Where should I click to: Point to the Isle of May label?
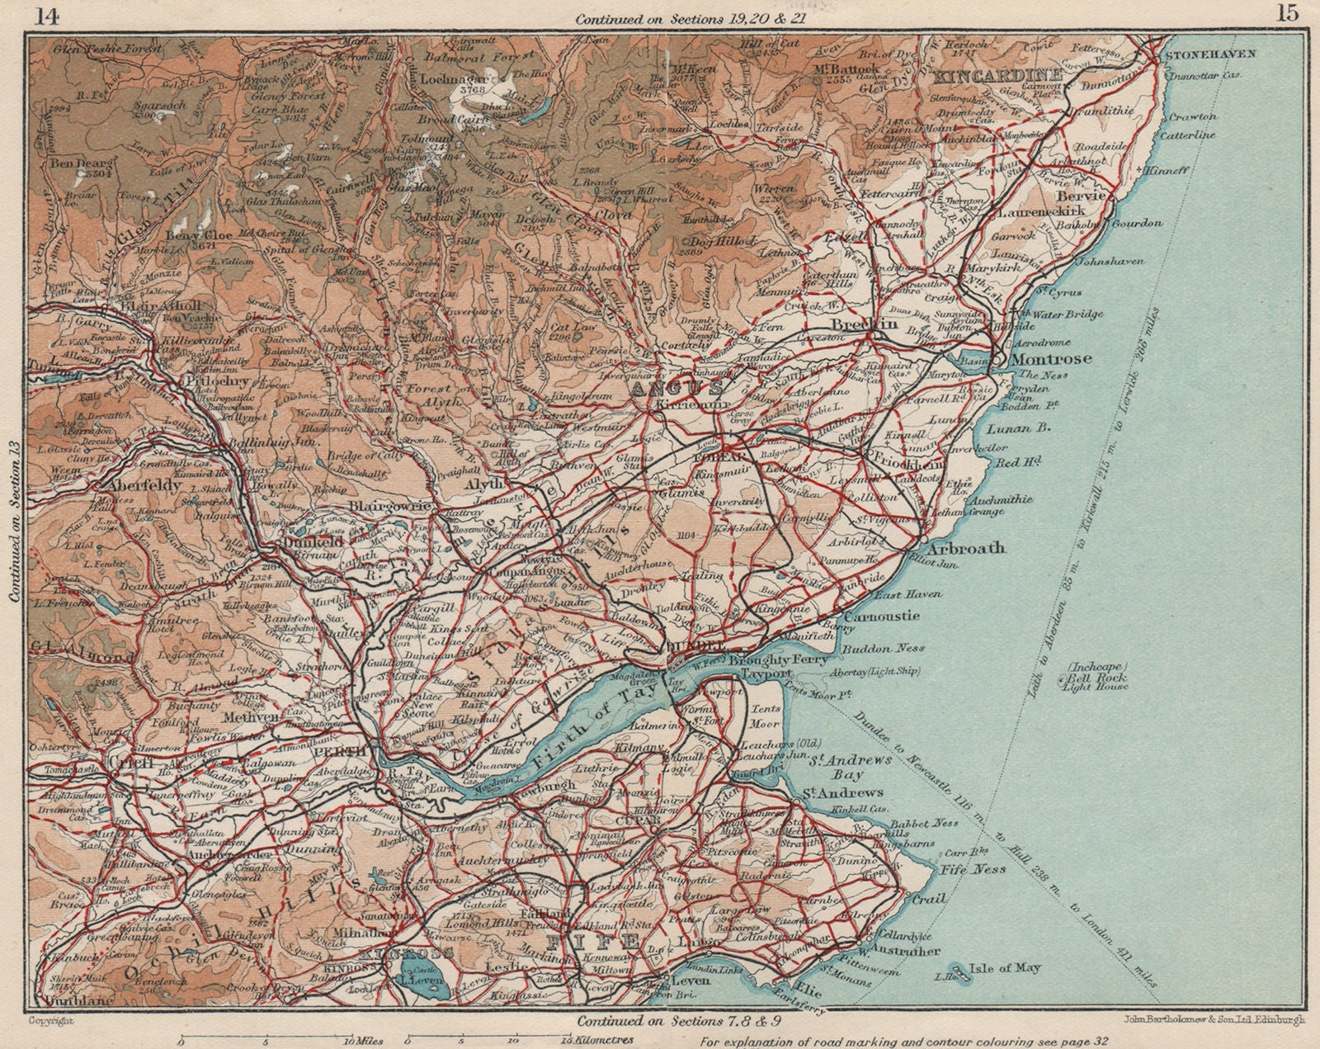pyautogui.click(x=1004, y=968)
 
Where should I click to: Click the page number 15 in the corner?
pyautogui.click(x=1285, y=13)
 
